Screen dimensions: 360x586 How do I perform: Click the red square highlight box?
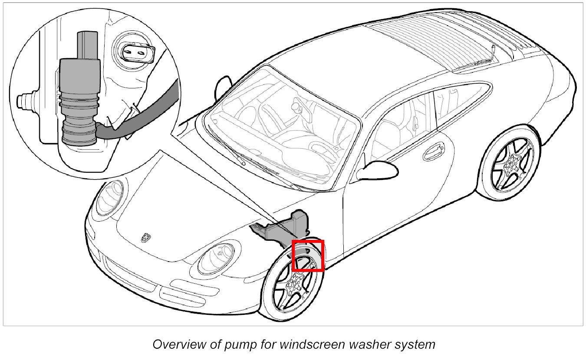pos(308,255)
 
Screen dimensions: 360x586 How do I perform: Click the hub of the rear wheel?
pos(514,162)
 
